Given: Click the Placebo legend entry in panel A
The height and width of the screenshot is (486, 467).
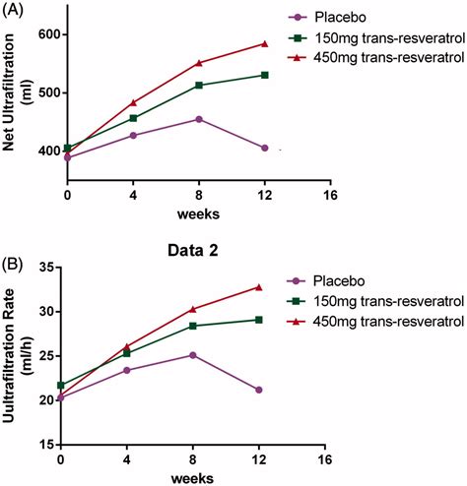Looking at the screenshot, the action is tap(327, 17).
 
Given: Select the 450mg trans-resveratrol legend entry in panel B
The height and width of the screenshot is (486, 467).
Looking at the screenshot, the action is tap(375, 321).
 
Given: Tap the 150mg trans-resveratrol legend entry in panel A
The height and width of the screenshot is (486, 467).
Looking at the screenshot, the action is tap(377, 38).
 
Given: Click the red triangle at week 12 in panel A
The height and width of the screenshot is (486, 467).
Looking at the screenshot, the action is tap(265, 44).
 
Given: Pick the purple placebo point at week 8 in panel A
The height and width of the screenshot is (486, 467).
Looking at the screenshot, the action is tap(199, 119).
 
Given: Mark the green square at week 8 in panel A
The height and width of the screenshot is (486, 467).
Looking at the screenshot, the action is tap(199, 86).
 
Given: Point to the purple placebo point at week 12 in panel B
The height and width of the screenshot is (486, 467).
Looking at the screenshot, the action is tap(259, 390).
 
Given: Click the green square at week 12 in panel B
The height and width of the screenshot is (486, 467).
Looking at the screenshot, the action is tap(259, 320).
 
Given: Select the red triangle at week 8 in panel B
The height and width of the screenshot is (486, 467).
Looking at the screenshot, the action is tap(193, 309).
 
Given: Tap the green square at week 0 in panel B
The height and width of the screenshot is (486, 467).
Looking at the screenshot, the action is tap(61, 385).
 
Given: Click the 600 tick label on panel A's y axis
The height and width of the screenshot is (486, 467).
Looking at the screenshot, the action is tap(49, 34).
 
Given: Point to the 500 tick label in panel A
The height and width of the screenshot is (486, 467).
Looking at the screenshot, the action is tap(49, 92).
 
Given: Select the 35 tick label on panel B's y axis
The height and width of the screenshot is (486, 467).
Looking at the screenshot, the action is tap(47, 268).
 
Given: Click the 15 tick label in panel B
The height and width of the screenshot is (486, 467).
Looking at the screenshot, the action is tap(47, 445).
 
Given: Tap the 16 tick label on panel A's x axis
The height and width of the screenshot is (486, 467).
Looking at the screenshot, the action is tap(330, 195).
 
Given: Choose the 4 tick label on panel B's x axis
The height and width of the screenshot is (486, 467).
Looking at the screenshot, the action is tap(127, 459).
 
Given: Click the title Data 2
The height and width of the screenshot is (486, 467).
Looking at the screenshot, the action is tap(193, 251).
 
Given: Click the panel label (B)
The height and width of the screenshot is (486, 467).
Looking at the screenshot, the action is tap(13, 265).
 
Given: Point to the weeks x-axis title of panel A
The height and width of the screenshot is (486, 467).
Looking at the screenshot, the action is tap(198, 214).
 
